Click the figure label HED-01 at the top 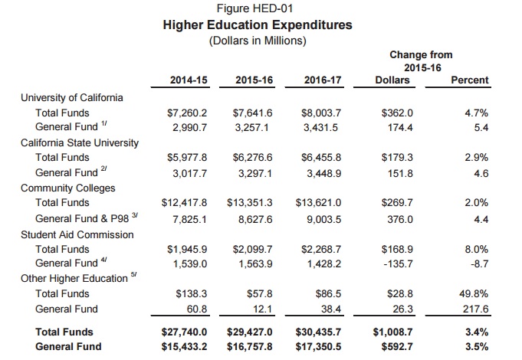(x=254, y=8)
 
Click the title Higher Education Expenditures (x=258, y=25)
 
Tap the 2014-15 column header (x=189, y=80)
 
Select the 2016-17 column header (x=323, y=80)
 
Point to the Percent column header (x=469, y=80)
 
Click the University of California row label (x=71, y=98)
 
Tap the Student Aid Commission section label (x=77, y=235)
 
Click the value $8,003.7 (x=321, y=113)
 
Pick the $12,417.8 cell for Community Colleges (x=184, y=203)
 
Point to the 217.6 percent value (x=475, y=309)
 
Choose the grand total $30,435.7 (x=318, y=332)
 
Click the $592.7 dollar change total (x=397, y=347)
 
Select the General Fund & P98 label (x=82, y=218)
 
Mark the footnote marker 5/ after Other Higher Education (x=134, y=274)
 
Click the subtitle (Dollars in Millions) (x=258, y=41)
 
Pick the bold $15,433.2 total (x=184, y=347)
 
